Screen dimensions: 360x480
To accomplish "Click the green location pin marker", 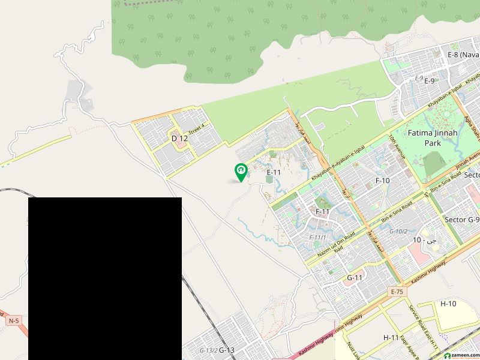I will (241, 172).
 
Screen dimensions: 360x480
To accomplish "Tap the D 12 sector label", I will (179, 139).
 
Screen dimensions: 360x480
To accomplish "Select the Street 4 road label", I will (196, 127).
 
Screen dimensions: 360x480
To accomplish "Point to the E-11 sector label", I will (274, 172).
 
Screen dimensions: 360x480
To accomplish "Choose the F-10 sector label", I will (383, 181).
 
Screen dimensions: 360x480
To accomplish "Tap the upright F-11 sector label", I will (322, 212).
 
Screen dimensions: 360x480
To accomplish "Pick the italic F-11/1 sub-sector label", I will (317, 238).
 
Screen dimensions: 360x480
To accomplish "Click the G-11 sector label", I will (355, 278).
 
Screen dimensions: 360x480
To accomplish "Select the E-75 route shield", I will (396, 292).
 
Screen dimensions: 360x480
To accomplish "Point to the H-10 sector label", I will (448, 304).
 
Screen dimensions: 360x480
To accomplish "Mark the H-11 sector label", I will (391, 338).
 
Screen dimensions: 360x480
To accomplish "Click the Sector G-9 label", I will (461, 220).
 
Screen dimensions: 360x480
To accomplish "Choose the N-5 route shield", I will (13, 321).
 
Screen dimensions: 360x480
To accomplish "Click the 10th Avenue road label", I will (398, 148).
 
